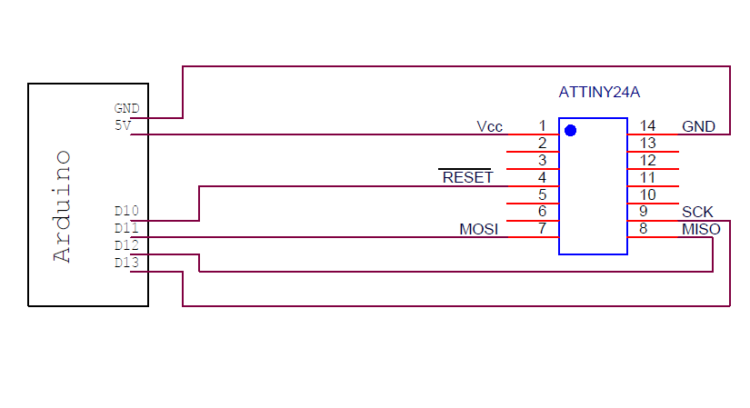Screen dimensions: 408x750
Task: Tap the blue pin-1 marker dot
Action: (x=570, y=130)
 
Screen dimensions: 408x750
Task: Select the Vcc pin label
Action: (x=489, y=126)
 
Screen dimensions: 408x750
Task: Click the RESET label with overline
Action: (x=467, y=177)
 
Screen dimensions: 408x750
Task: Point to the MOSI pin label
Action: (x=479, y=229)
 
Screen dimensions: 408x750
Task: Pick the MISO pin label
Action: (x=701, y=229)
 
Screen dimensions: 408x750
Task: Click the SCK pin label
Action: (x=697, y=212)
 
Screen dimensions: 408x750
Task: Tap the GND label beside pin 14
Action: (x=698, y=126)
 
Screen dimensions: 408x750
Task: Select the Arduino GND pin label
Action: (x=126, y=108)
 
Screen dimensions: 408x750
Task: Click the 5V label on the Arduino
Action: (x=123, y=125)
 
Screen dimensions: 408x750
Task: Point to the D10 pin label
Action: (x=126, y=211)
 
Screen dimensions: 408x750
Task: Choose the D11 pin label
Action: (x=126, y=228)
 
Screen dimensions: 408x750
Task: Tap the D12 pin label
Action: (x=126, y=245)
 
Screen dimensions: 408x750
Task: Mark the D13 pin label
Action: (x=126, y=263)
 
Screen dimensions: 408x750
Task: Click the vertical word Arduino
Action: (x=62, y=206)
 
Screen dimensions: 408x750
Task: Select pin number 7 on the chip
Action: (x=542, y=229)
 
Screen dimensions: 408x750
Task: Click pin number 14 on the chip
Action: (x=647, y=126)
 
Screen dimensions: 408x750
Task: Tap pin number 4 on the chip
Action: (x=542, y=177)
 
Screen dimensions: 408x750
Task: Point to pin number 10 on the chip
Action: (x=647, y=194)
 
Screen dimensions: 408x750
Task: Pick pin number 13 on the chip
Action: (x=647, y=144)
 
